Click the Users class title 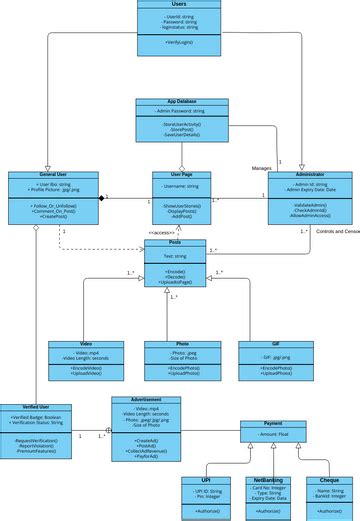pos(180,4)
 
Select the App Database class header pos(181,101)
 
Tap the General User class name pos(38,174)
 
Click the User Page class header pos(181,174)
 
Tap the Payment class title pos(273,423)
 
